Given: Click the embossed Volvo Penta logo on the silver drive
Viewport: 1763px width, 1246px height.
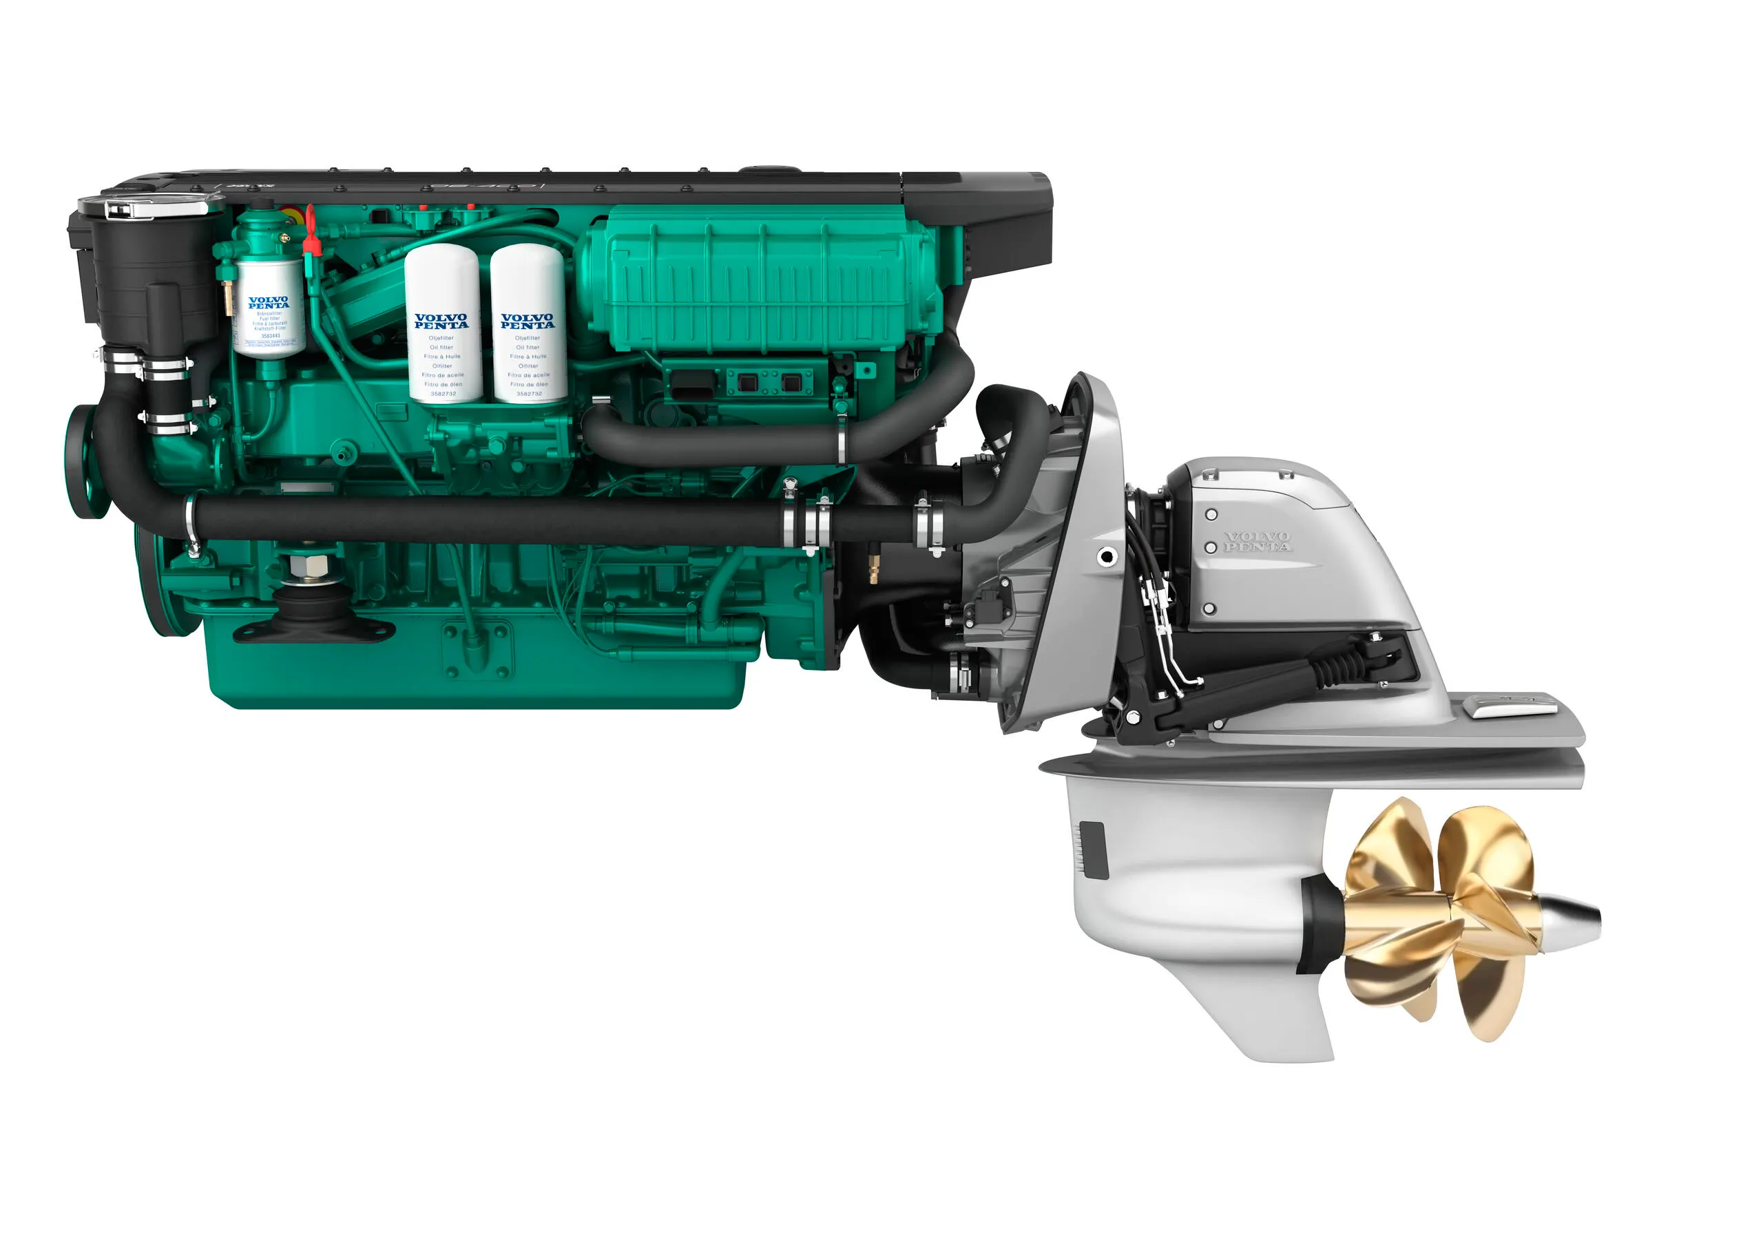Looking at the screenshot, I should point(1257,542).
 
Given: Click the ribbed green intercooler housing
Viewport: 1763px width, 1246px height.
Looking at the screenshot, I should point(760,280).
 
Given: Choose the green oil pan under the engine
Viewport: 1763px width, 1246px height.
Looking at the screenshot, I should point(476,675).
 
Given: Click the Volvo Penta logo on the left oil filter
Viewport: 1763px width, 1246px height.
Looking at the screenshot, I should point(441,321).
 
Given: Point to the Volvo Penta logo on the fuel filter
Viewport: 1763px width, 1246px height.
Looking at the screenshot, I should point(269,302).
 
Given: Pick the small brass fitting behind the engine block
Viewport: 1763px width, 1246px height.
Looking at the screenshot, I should point(873,569).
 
